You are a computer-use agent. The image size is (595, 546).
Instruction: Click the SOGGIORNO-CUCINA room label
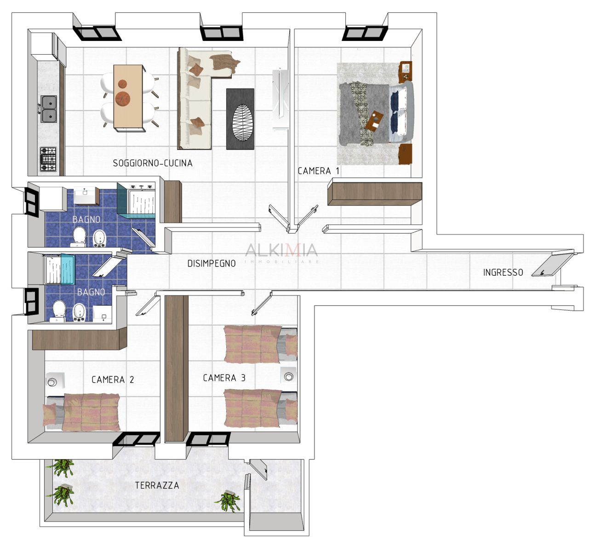pyautogui.click(x=153, y=163)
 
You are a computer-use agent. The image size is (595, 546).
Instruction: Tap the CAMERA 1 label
pyautogui.click(x=318, y=171)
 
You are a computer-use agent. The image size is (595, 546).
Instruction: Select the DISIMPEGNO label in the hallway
pyautogui.click(x=212, y=263)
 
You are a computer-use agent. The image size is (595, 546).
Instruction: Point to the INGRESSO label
pyautogui.click(x=503, y=273)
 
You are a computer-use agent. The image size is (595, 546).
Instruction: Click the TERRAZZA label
pyautogui.click(x=157, y=485)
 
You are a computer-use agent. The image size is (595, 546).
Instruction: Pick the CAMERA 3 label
pyautogui.click(x=224, y=378)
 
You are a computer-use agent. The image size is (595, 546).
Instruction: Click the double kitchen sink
pyautogui.click(x=49, y=109)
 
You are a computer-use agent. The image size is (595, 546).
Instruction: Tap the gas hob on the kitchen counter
pyautogui.click(x=48, y=159)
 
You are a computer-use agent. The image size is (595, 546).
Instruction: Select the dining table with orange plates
pyautogui.click(x=129, y=98)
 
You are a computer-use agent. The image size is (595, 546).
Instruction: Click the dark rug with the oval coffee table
pyautogui.click(x=240, y=119)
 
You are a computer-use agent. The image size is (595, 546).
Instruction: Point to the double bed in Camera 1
pyautogui.click(x=376, y=114)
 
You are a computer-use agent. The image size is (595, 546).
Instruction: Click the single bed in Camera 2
pyautogui.click(x=82, y=412)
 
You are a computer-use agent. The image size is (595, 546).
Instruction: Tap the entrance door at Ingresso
pyautogui.click(x=552, y=265)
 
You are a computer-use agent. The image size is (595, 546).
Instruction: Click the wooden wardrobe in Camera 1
pyautogui.click(x=375, y=193)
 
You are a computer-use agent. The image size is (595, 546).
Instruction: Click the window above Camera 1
pyautogui.click(x=365, y=33)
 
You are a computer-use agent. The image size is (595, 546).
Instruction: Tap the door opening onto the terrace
pyautogui.click(x=258, y=470)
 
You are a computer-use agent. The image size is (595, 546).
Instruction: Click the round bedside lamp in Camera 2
pyautogui.click(x=52, y=382)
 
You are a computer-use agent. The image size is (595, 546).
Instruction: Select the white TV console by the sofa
pyautogui.click(x=280, y=99)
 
